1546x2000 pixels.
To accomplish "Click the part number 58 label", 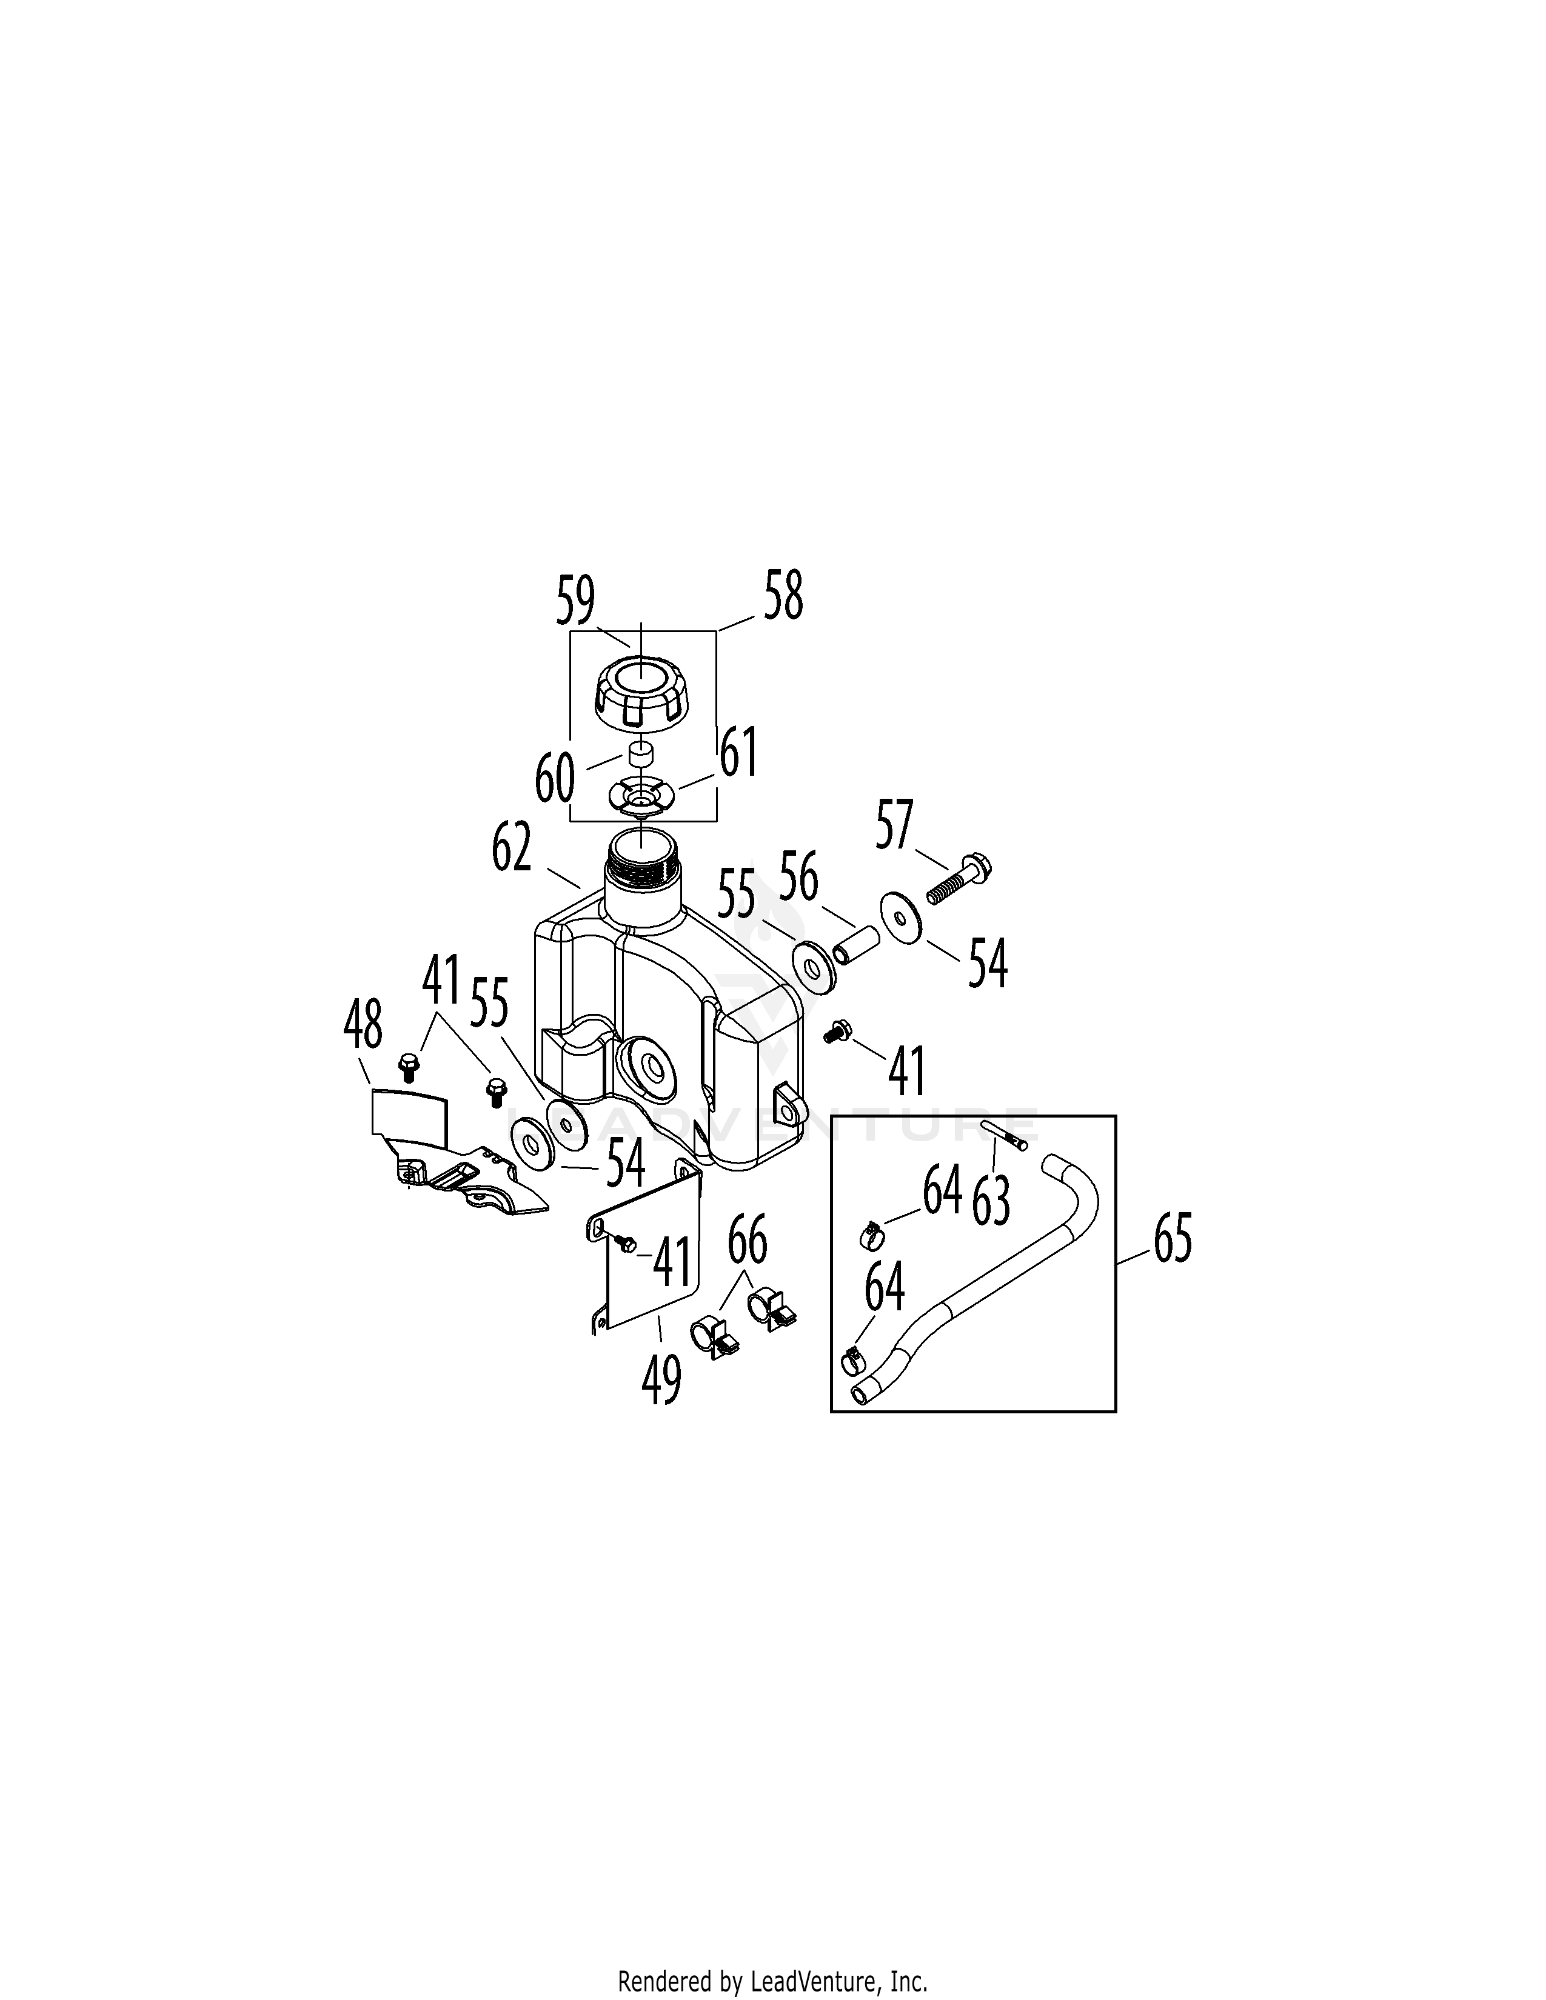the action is [784, 595].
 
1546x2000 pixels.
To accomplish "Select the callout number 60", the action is [555, 778].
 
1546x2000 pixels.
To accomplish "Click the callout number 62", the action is [511, 848].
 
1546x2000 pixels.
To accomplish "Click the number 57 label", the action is [895, 824].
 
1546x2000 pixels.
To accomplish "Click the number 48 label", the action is [363, 1025].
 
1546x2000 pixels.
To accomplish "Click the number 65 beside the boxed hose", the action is [1173, 1239].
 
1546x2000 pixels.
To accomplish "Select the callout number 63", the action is [992, 1199].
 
